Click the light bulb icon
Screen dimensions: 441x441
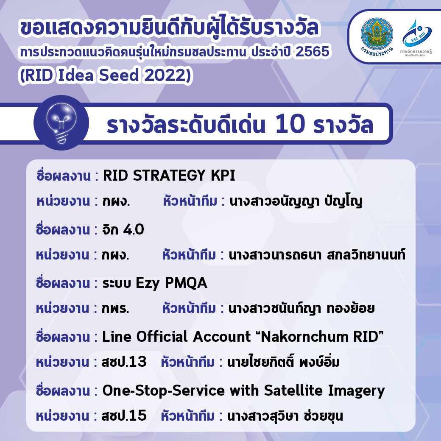click(x=61, y=123)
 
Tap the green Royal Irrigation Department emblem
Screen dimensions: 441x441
click(x=377, y=34)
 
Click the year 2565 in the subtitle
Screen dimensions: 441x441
click(x=313, y=51)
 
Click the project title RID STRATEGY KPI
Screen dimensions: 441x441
click(x=169, y=176)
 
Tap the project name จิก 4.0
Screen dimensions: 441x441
click(x=123, y=229)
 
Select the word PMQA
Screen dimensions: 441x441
click(x=186, y=283)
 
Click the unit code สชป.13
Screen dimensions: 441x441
click(x=124, y=362)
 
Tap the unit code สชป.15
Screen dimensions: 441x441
click(x=124, y=416)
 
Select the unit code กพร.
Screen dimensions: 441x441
click(x=116, y=309)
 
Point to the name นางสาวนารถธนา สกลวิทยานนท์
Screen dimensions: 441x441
click(x=317, y=255)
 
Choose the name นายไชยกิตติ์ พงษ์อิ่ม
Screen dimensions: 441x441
click(x=284, y=362)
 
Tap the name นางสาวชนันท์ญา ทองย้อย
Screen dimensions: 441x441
click(x=301, y=309)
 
